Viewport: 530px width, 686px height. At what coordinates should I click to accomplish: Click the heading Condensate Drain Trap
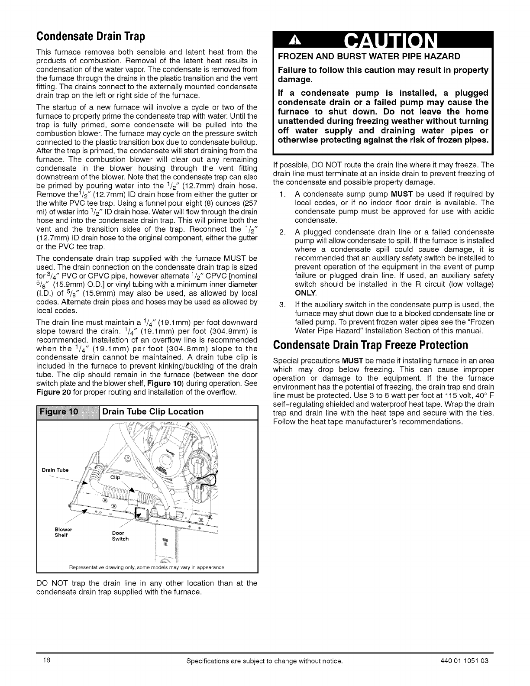(90, 35)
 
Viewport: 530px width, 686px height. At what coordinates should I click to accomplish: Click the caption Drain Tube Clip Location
(153, 411)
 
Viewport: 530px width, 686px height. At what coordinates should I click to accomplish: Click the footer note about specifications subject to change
(264, 661)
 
